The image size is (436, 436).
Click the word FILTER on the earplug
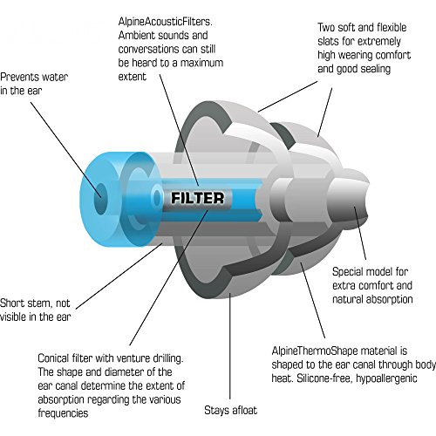click(x=198, y=198)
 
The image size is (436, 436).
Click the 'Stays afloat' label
click(x=230, y=410)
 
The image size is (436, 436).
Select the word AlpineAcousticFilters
click(x=165, y=22)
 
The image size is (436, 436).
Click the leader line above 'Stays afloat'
click(x=230, y=346)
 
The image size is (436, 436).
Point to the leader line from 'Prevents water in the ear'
click(x=65, y=150)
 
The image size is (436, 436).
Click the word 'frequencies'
click(x=63, y=413)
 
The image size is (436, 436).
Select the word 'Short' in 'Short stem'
click(x=12, y=303)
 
